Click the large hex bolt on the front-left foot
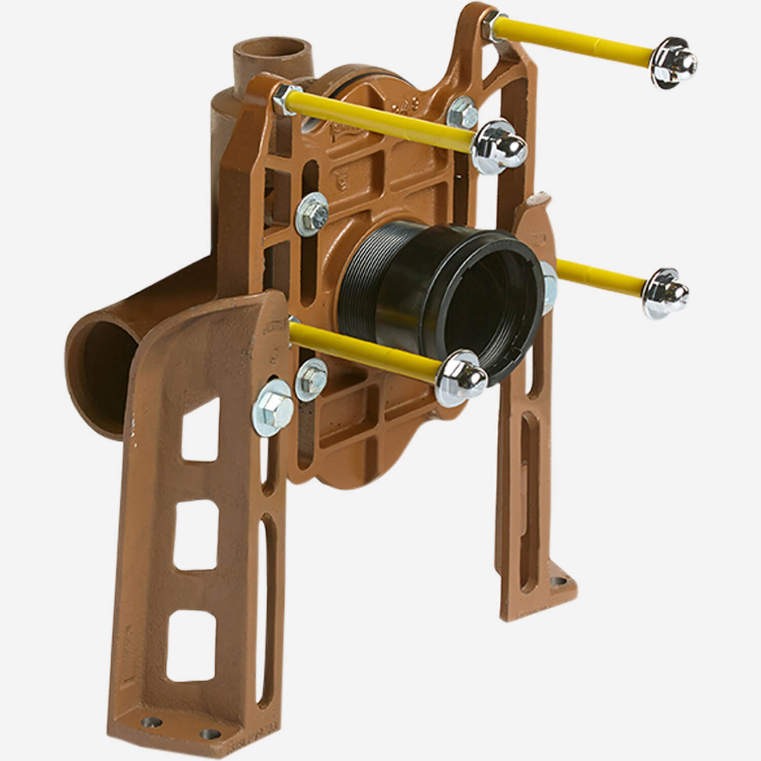(272, 405)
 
